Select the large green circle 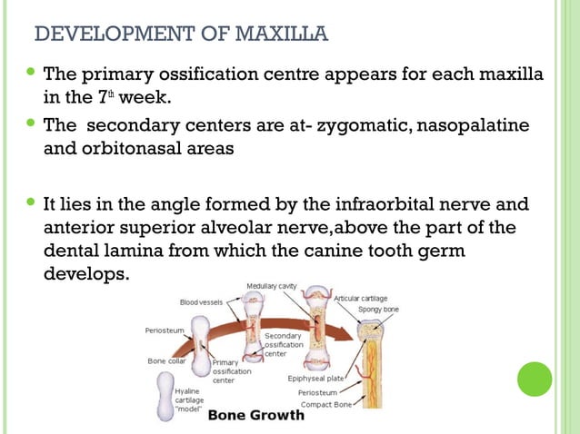click(x=535, y=379)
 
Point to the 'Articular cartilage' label click(x=363, y=297)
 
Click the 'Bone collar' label click(x=166, y=360)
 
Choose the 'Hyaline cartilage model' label click(x=190, y=399)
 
